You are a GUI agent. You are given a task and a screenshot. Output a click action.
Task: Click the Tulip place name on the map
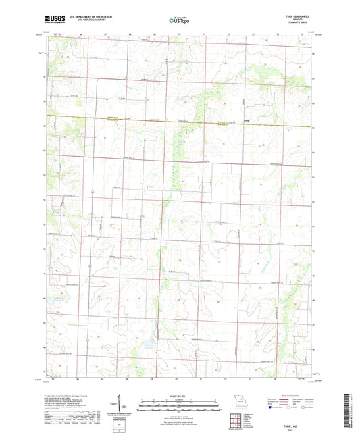[247, 122]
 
